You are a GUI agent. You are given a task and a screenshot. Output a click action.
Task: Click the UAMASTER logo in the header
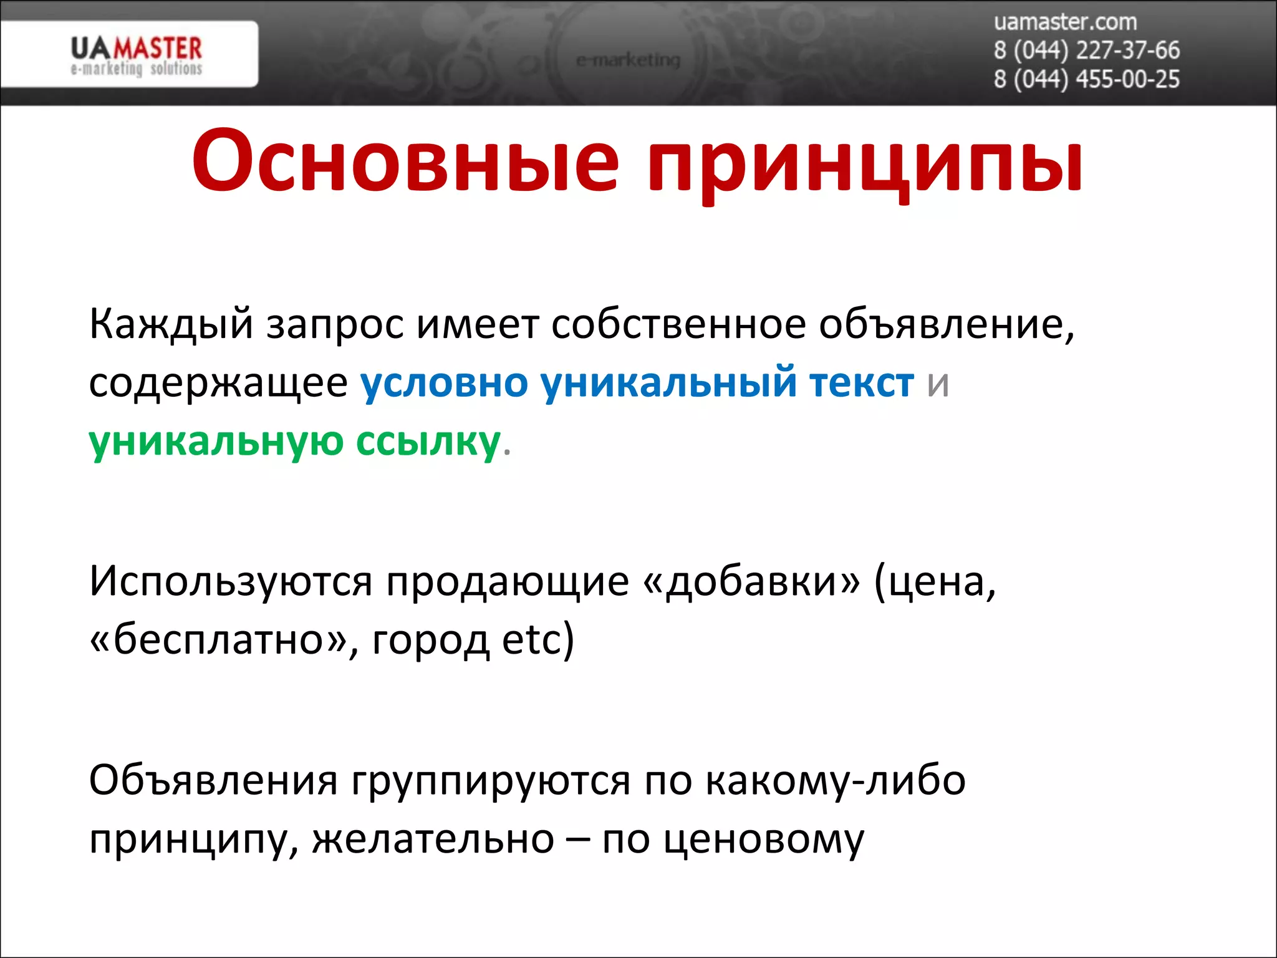pos(136,55)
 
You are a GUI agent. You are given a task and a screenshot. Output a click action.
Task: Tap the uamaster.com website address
pos(1065,22)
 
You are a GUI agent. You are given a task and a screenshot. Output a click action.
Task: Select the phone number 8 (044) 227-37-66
pos(1086,51)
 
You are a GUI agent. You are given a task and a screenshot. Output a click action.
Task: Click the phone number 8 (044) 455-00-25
pos(1086,79)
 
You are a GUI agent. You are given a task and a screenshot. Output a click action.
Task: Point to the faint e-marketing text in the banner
pos(627,60)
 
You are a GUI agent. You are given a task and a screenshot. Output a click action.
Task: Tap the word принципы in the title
pos(864,163)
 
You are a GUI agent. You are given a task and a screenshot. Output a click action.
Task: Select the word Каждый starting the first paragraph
pos(171,324)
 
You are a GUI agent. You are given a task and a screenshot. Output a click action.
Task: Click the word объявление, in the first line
pos(946,324)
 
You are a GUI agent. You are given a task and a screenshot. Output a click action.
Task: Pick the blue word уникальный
pos(668,382)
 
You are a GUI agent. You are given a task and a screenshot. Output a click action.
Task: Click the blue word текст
pos(861,382)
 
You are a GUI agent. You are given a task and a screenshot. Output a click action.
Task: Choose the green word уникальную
pos(216,442)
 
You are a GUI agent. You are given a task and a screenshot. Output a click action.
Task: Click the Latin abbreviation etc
pos(531,640)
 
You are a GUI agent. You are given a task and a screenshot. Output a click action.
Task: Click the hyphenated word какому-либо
pos(836,781)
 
